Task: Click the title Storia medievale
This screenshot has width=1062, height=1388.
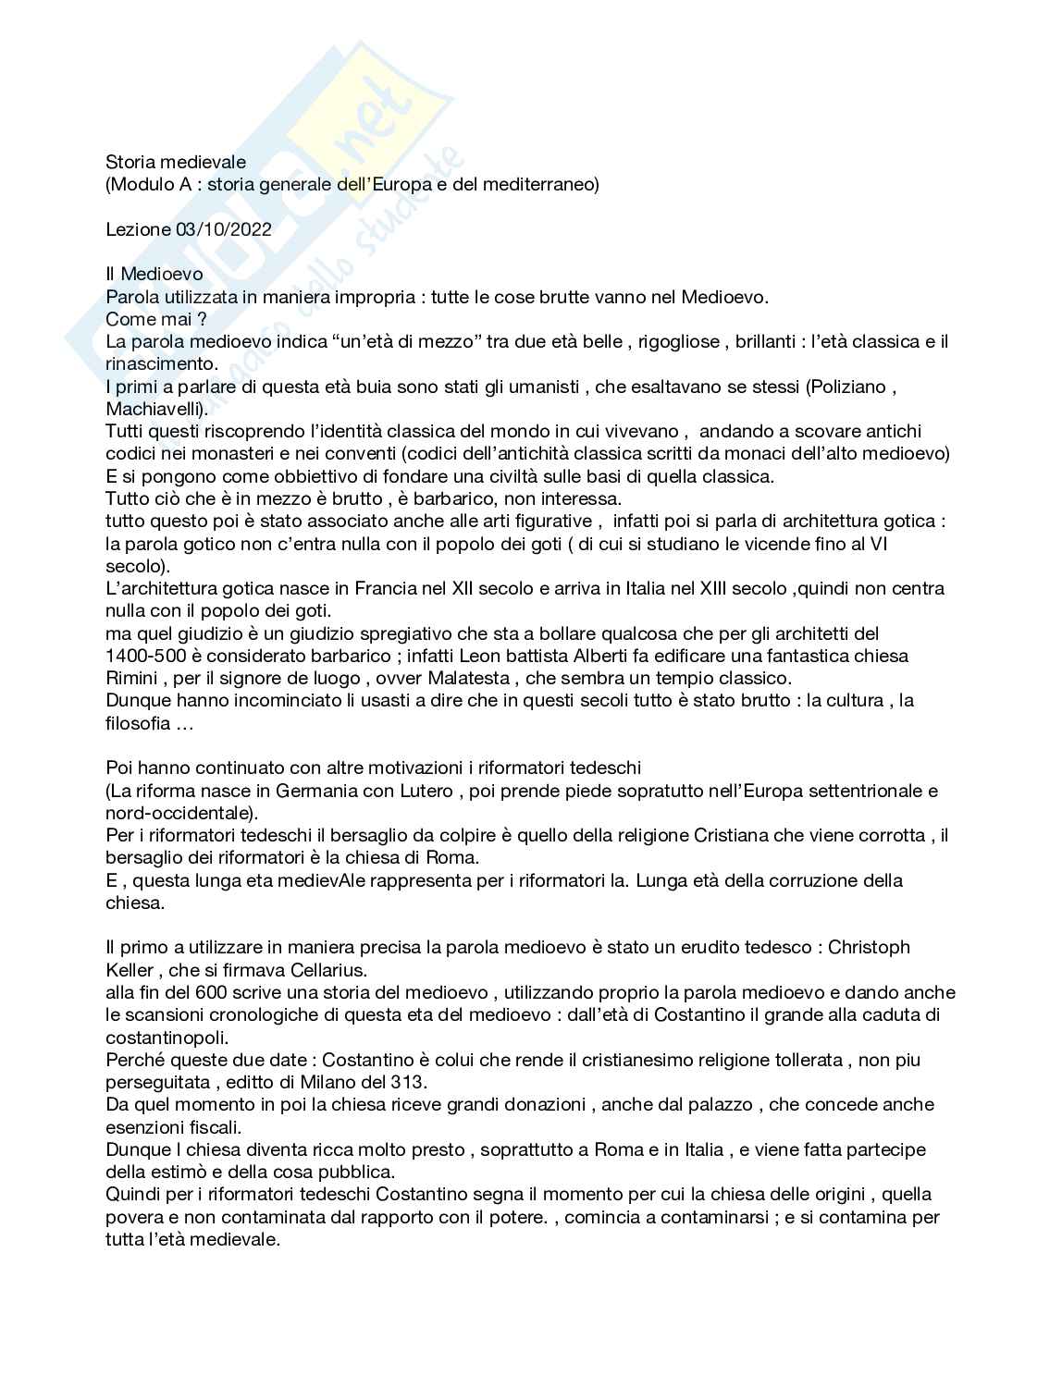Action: coord(176,162)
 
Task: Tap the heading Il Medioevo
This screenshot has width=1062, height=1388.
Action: coord(154,275)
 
